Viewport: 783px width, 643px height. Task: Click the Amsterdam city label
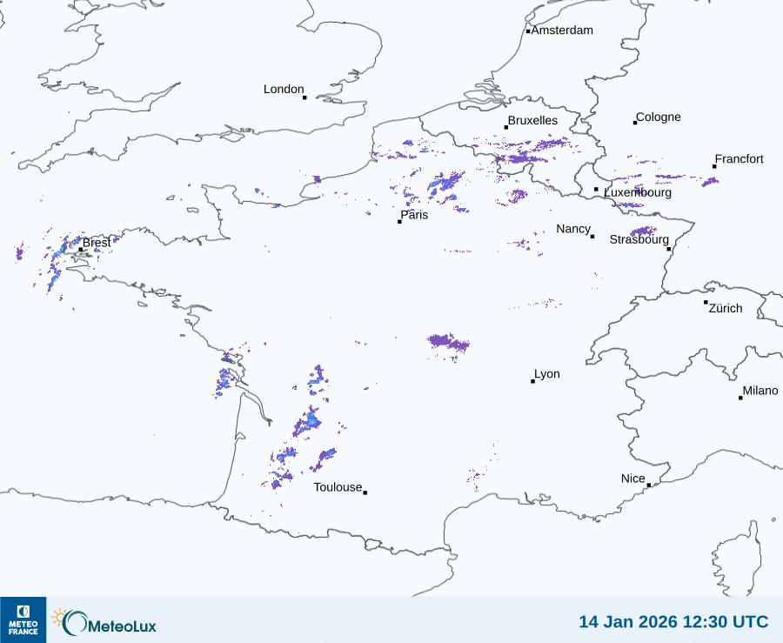coord(562,30)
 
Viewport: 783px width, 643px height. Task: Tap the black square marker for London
coord(304,97)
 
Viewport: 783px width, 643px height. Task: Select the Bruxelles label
coord(532,121)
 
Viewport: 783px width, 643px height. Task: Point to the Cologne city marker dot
coord(635,123)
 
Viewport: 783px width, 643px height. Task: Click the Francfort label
coord(739,159)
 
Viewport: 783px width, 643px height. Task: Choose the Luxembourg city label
coord(638,192)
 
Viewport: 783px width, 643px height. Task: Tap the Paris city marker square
coord(399,222)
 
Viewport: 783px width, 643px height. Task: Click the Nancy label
coord(573,229)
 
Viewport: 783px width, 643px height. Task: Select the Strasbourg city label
coord(639,239)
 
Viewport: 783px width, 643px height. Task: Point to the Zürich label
coord(726,309)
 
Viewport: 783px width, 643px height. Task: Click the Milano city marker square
coord(740,398)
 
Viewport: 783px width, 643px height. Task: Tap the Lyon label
coord(547,374)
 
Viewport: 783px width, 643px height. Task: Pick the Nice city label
coord(632,479)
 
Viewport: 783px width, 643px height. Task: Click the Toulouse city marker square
coord(365,492)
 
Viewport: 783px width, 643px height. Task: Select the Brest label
coord(97,243)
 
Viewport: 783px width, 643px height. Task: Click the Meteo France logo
coord(23,620)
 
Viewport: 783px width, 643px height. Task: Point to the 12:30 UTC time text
coord(722,622)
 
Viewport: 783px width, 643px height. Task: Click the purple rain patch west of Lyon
coord(448,343)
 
